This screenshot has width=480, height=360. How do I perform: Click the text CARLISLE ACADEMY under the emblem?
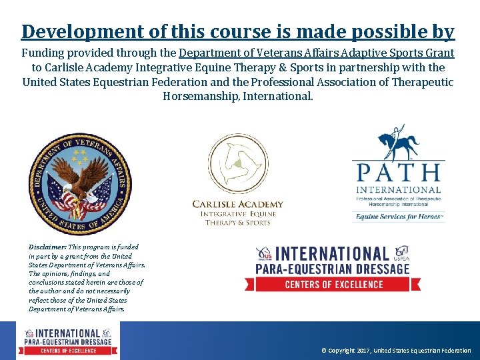tap(237, 205)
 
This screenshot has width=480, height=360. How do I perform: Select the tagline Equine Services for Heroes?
tap(399, 216)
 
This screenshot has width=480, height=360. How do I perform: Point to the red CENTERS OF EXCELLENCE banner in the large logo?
tap(339, 284)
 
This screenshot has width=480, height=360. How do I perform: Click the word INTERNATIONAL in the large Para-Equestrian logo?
tap(333, 254)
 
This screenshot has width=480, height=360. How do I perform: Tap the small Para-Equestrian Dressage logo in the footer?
tap(69, 340)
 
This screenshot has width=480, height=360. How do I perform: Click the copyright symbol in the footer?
tap(323, 351)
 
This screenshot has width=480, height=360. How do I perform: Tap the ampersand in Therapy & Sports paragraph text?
tap(289, 67)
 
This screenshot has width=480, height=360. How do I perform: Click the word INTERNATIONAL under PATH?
tap(398, 189)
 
